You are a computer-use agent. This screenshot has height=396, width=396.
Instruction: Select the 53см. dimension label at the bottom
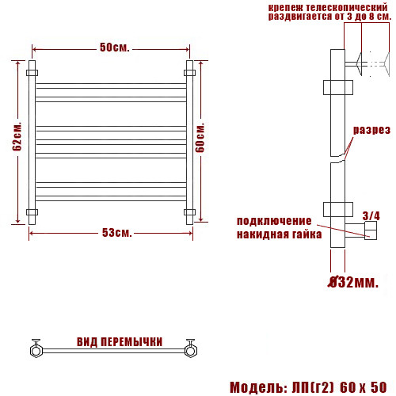(116, 232)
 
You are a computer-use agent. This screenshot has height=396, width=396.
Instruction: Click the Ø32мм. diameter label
(354, 282)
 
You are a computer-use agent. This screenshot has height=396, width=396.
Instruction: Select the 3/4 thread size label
(371, 215)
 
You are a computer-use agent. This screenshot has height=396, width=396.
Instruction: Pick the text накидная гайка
(279, 234)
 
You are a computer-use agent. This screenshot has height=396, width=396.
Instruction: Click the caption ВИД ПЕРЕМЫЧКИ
(120, 342)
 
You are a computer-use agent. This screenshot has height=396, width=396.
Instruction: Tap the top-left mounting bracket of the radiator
(32, 72)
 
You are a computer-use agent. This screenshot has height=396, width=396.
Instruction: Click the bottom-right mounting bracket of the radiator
(189, 211)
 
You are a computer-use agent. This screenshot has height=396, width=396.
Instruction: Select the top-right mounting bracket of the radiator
(189, 72)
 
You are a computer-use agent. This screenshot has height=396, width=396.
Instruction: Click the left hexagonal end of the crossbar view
(36, 349)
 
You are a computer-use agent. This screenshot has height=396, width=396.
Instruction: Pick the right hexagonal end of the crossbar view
(190, 349)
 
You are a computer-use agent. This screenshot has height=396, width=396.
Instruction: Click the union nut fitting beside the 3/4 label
(369, 231)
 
